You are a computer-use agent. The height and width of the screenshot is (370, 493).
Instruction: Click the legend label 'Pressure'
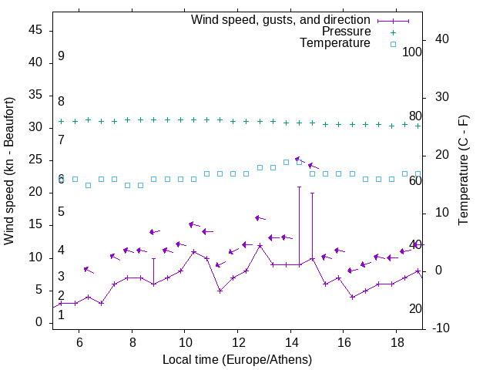click(347, 32)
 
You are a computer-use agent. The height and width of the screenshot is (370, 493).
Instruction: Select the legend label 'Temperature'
click(335, 43)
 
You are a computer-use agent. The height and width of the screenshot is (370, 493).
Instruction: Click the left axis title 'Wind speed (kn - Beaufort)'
click(9, 171)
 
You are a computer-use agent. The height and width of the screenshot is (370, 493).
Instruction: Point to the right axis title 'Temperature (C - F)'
click(463, 171)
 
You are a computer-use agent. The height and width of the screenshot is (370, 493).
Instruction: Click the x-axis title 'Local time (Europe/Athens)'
click(237, 360)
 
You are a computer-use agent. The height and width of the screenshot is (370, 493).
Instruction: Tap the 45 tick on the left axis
click(35, 30)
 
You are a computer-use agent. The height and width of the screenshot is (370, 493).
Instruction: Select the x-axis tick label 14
click(290, 341)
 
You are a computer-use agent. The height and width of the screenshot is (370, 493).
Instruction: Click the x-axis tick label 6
click(79, 341)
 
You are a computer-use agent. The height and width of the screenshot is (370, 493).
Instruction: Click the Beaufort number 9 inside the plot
click(61, 56)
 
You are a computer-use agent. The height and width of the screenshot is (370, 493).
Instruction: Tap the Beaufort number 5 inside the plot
click(61, 212)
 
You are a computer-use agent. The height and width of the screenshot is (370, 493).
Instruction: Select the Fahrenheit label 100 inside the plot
click(412, 52)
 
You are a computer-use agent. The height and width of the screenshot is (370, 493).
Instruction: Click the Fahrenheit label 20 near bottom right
click(415, 309)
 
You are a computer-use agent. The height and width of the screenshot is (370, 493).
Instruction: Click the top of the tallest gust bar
click(300, 187)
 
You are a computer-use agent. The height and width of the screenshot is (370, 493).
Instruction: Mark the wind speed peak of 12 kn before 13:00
click(260, 245)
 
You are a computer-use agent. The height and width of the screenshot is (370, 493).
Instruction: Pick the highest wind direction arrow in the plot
click(300, 160)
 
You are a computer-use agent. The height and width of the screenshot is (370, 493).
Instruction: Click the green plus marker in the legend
click(392, 32)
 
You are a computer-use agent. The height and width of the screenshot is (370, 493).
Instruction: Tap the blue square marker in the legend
click(392, 44)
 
